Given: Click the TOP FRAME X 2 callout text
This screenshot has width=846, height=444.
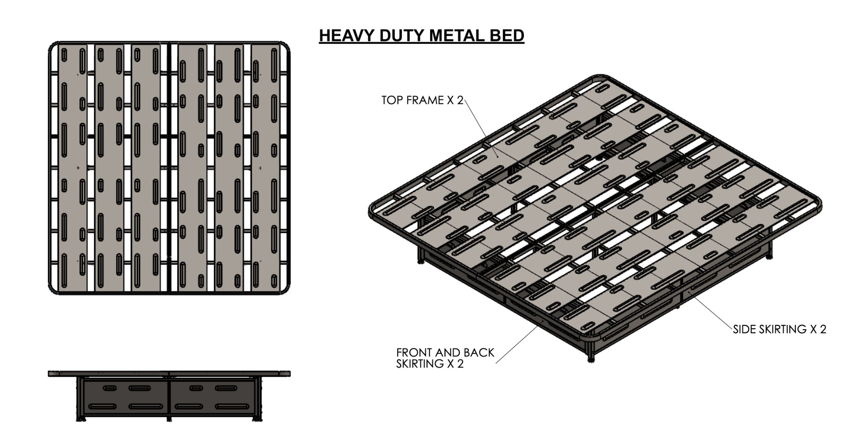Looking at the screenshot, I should pos(422,100).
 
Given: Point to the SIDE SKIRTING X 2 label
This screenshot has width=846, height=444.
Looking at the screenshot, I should pos(779,329).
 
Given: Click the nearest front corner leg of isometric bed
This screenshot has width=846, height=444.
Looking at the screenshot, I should pos(591,355).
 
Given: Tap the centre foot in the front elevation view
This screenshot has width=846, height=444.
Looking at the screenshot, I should pos(169,419).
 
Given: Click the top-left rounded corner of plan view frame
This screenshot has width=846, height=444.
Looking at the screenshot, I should pos(53,46).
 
